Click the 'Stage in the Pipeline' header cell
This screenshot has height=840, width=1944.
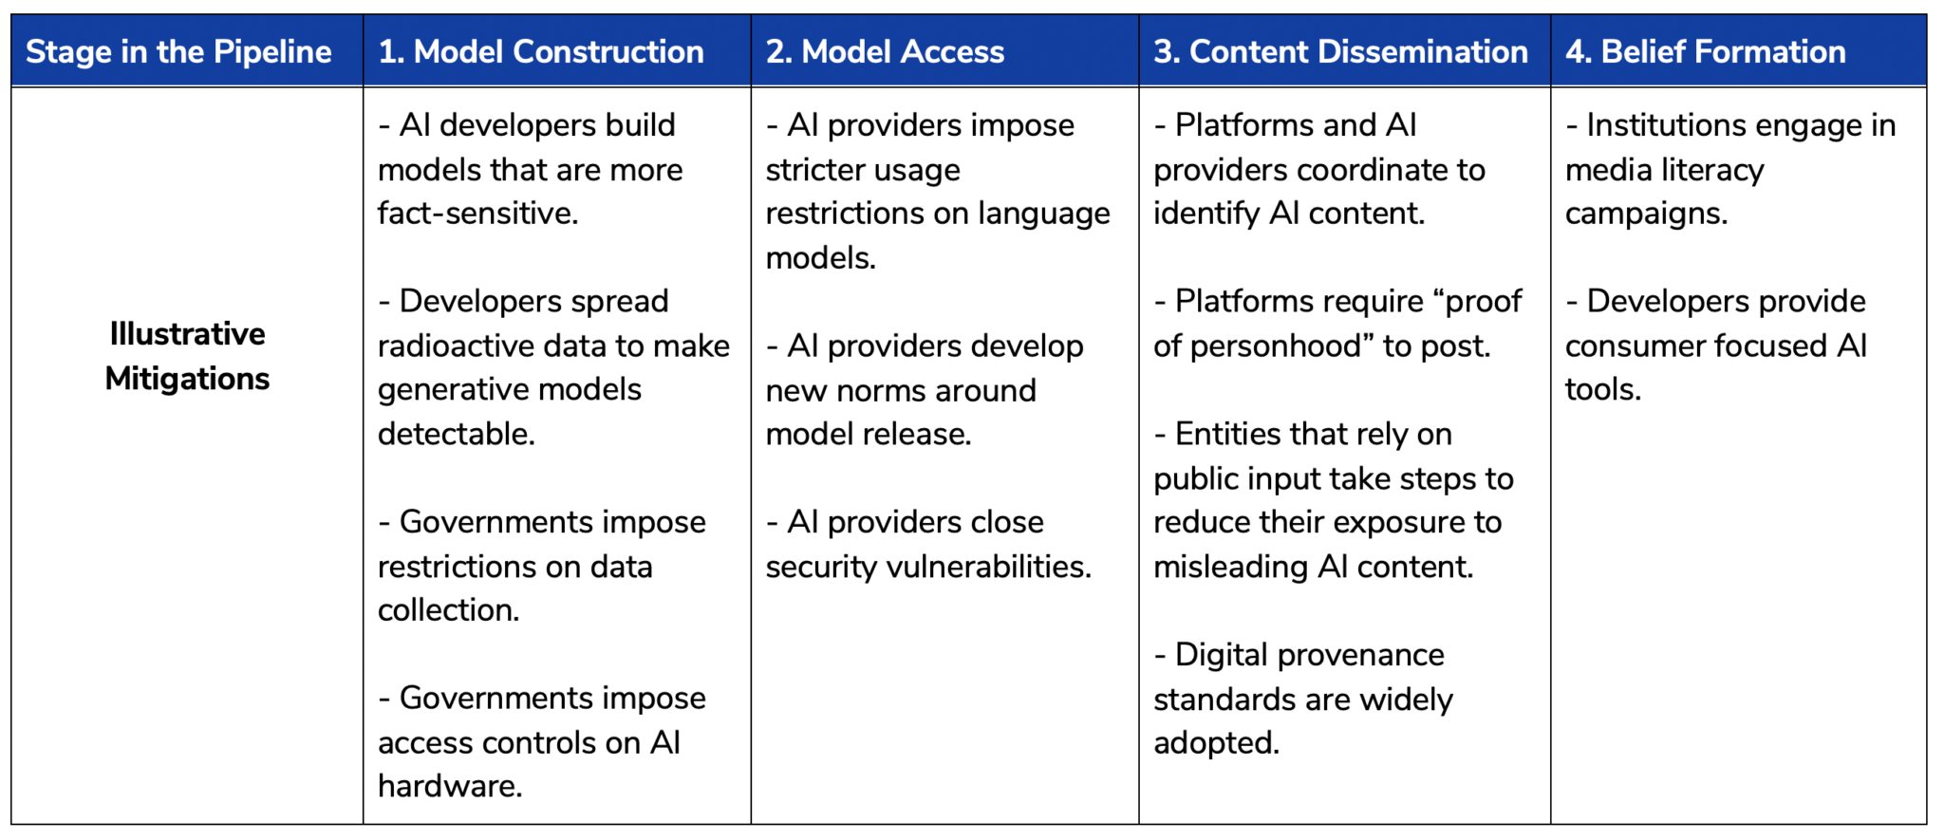point(178,51)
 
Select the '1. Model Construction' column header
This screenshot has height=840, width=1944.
point(541,51)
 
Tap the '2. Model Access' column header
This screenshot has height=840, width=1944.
point(885,51)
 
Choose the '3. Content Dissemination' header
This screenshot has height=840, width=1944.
point(1340,51)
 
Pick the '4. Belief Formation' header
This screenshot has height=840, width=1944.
point(1706,51)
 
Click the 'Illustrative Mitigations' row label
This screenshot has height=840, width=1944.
point(187,356)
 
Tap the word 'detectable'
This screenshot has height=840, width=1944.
point(455,434)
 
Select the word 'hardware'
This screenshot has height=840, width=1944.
point(448,786)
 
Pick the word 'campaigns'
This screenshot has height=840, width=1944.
point(1644,214)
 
